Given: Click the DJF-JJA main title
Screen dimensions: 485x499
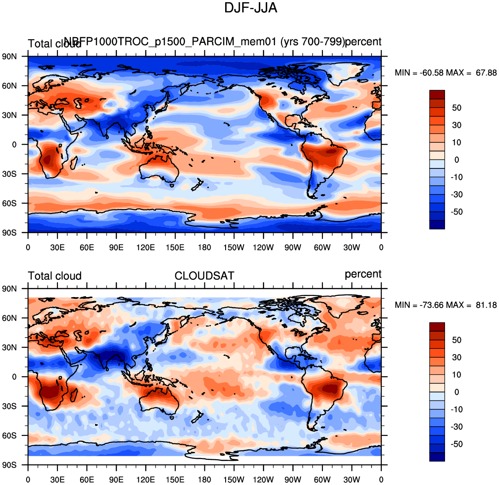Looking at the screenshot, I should coord(250,8).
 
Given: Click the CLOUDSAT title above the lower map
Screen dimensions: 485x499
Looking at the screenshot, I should coord(204,276).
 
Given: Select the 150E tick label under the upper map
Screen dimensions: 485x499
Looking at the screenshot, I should coord(175,248).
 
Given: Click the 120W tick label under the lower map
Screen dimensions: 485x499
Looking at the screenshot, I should coord(263,480).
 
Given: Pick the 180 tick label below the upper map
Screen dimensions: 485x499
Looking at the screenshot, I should coord(204,248).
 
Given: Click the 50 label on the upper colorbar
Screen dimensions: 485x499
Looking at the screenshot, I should coord(457,108).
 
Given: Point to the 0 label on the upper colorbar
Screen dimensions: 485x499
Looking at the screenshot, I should coord(457,160).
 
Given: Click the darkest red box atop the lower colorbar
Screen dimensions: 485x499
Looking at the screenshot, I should coord(437,327).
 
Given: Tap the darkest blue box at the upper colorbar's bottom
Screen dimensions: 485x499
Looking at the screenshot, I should coord(437,225).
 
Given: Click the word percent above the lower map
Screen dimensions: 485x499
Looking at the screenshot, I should coord(363,274).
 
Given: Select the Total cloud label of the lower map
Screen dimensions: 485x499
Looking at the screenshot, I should coord(55,276).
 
